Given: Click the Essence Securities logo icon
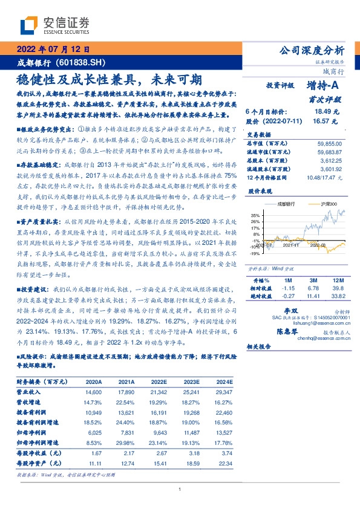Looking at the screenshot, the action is [29, 25].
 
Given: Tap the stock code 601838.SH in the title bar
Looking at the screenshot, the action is [80, 63].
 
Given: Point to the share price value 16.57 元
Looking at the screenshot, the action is [327, 121].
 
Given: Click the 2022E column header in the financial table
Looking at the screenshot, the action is [159, 382].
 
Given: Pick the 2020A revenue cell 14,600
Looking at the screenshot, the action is [93, 392].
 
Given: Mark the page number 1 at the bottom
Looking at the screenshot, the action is [180, 490].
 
